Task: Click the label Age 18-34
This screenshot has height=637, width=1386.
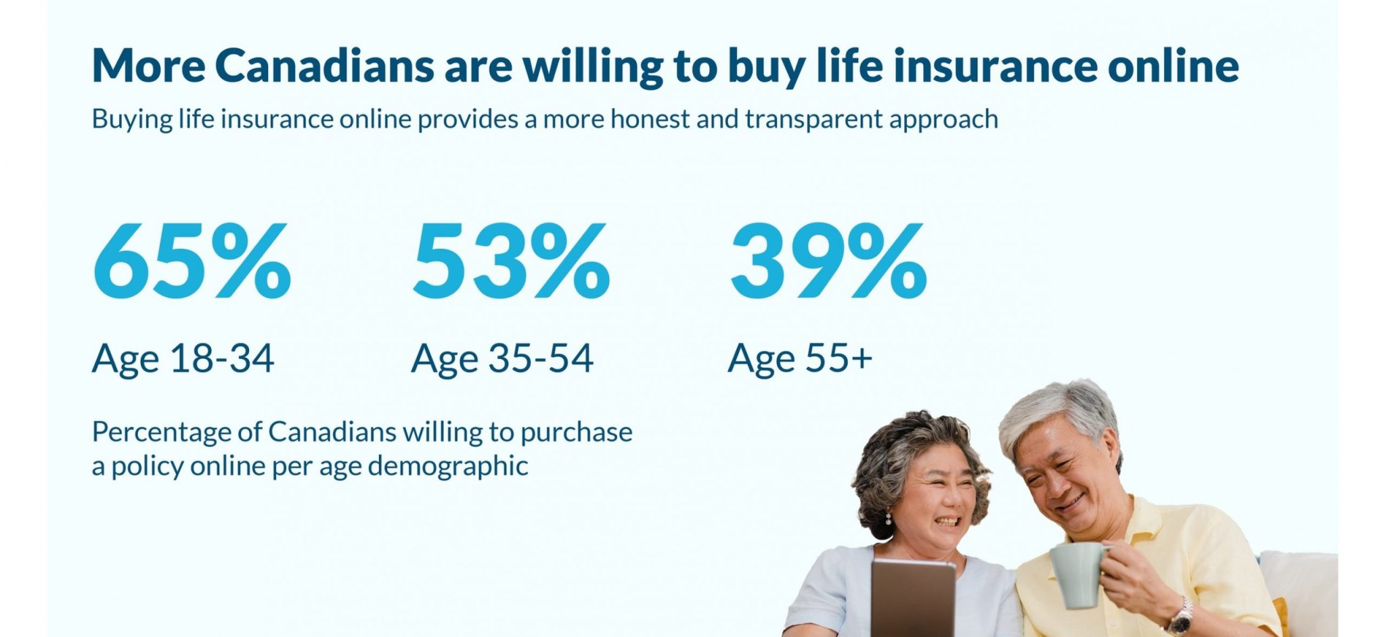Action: tap(183, 358)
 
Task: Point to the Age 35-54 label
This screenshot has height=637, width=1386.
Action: tap(502, 358)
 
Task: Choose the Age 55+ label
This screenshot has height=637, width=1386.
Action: tap(800, 358)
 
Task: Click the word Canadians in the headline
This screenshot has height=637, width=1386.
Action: tap(324, 66)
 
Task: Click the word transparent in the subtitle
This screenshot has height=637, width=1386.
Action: tap(814, 119)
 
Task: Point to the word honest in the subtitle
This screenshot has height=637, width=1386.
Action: tap(650, 119)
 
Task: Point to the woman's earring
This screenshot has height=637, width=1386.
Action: tap(889, 519)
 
